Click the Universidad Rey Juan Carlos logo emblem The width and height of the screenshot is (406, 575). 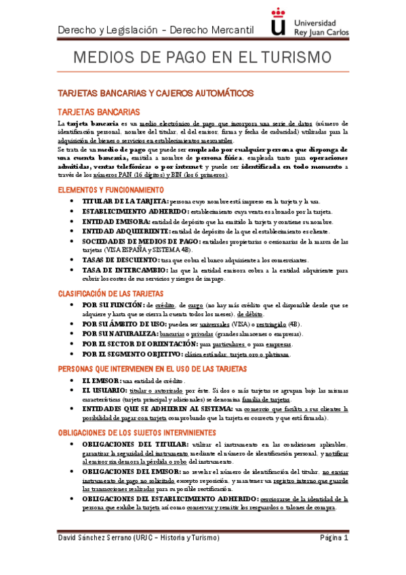[277, 22]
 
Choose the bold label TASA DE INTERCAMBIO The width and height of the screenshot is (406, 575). [123, 270]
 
